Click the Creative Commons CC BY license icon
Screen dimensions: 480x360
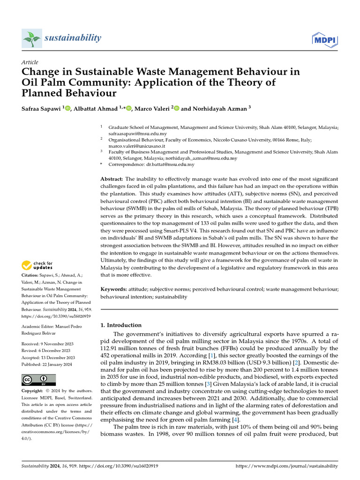click(38, 380)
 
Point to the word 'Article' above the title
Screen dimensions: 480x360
click(30, 62)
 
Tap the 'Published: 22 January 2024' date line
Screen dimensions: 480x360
click(47, 365)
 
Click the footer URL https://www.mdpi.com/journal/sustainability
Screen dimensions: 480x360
click(286, 466)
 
